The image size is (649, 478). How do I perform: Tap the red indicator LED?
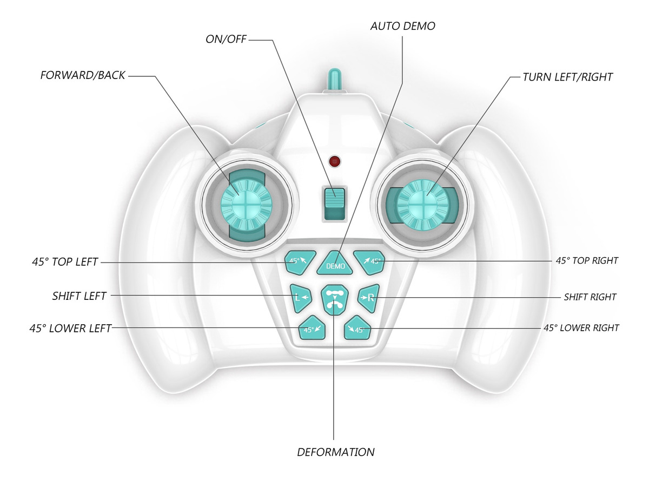335,161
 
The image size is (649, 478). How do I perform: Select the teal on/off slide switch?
335,204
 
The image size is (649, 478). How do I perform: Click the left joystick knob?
246,205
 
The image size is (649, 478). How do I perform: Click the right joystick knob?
422,205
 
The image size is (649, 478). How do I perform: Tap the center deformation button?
335,300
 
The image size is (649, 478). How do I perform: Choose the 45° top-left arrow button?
300,262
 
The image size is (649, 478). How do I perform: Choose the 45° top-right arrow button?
369,262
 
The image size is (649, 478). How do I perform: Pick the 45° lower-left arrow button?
312,328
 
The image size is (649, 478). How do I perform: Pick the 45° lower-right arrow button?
357,328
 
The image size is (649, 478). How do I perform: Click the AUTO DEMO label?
403,26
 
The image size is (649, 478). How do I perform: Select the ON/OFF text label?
226,39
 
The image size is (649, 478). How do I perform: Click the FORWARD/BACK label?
83,75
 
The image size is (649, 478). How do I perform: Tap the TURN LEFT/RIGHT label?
567,77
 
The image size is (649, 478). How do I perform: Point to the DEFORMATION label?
336,452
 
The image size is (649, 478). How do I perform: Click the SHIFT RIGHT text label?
590,297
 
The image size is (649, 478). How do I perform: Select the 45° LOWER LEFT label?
70,329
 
